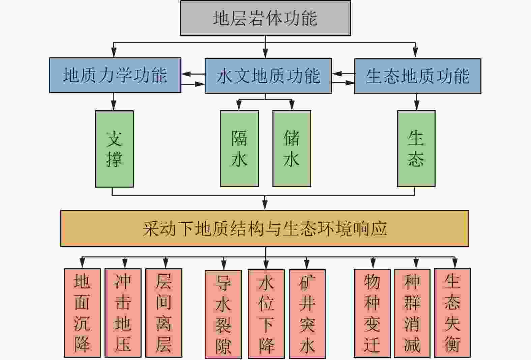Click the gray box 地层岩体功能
tap(265, 18)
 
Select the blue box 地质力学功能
tap(115, 75)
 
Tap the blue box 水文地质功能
tap(268, 76)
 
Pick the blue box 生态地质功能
tap(417, 76)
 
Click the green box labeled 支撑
tap(114, 149)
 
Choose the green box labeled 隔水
tap(239, 148)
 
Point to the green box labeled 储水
tap(292, 148)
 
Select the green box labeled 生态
tap(416, 148)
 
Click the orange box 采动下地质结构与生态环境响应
tap(265, 228)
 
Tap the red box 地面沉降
tap(82, 313)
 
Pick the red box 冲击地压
tap(123, 313)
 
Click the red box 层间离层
tap(164, 313)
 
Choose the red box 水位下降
tap(266, 314)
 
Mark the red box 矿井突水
tap(307, 314)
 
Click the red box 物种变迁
tap(372, 313)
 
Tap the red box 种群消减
tap(412, 313)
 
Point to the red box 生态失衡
tap(452, 313)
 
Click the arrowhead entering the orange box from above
tap(265, 205)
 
